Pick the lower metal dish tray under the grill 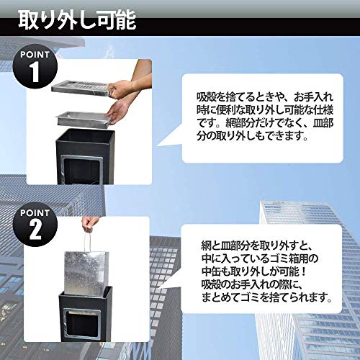click(x=84, y=115)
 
